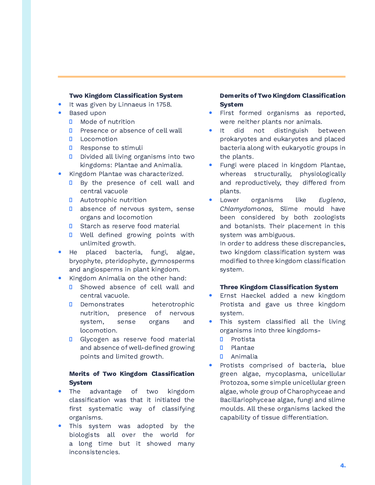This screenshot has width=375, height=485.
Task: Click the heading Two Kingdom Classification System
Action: pyautogui.click(x=126, y=96)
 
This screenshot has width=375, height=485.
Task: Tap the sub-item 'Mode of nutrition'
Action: pyautogui.click(x=107, y=122)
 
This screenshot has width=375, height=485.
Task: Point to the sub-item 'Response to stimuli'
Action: pyautogui.click(x=111, y=148)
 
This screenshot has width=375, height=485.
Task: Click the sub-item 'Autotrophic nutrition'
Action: pyautogui.click(x=113, y=200)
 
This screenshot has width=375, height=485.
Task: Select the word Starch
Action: pyautogui.click(x=90, y=226)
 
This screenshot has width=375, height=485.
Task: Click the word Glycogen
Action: pyautogui.click(x=94, y=339)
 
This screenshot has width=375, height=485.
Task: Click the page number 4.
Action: pyautogui.click(x=343, y=466)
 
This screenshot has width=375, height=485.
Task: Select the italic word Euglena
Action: pyautogui.click(x=331, y=200)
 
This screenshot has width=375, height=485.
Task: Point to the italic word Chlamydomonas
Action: pyautogui.click(x=246, y=209)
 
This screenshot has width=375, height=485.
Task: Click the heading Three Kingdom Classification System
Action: pyautogui.click(x=279, y=287)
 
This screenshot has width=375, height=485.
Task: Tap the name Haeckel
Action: pyautogui.click(x=253, y=295)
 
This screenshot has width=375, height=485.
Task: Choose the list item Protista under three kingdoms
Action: pyautogui.click(x=243, y=339)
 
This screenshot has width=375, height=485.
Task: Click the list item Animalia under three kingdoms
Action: pyautogui.click(x=244, y=356)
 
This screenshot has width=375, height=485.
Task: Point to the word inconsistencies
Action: pyautogui.click(x=94, y=452)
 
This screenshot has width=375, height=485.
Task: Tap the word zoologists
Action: pyautogui.click(x=329, y=217)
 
